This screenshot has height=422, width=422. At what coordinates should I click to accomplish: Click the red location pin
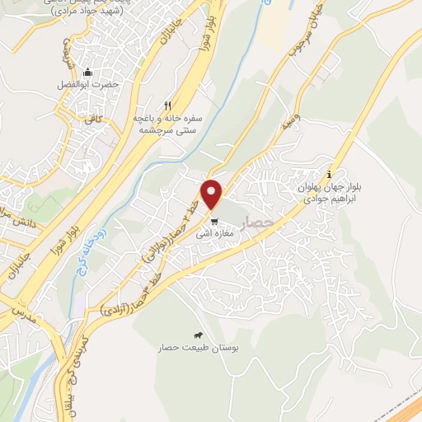click(x=213, y=195)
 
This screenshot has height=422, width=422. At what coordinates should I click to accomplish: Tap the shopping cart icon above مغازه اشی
click(x=213, y=221)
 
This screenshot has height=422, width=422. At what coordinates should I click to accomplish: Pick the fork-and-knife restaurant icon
click(x=168, y=105)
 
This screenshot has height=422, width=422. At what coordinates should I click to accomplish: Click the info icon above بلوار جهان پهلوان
click(x=330, y=174)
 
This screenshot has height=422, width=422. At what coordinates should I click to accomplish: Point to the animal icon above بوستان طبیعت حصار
click(x=199, y=335)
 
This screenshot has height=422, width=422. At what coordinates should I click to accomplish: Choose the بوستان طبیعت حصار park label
click(x=199, y=348)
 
